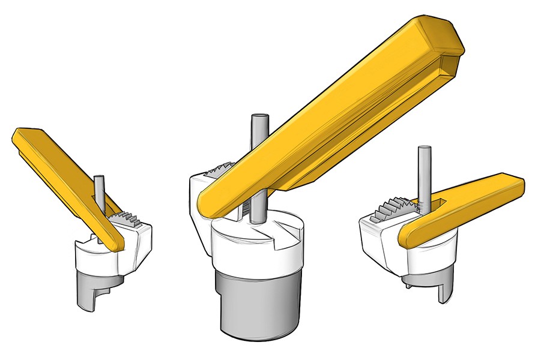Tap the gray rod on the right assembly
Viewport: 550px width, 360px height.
tap(424, 171)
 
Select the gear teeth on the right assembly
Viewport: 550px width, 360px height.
tap(393, 210)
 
